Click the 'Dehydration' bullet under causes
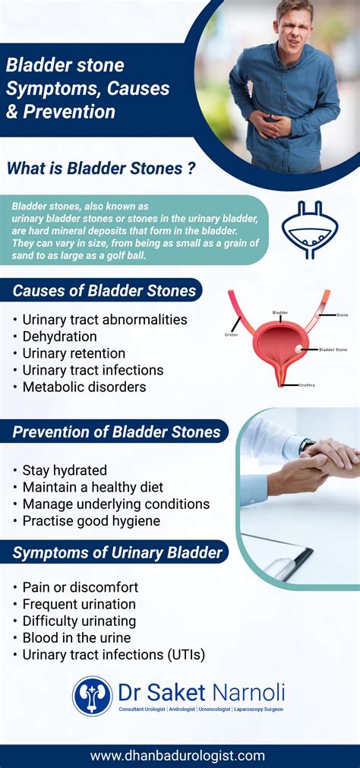point(59,337)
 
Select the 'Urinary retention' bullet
point(74,353)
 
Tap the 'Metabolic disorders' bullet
point(84,387)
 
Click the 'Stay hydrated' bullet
point(65,470)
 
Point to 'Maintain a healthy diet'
point(93,487)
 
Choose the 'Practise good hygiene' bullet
point(91,520)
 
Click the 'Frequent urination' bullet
point(79,604)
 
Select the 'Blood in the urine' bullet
point(76,637)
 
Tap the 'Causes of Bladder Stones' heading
point(104,290)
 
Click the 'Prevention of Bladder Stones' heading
point(115,432)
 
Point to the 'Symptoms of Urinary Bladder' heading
point(117,552)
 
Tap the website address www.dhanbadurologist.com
point(178,755)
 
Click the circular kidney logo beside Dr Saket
point(93,696)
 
